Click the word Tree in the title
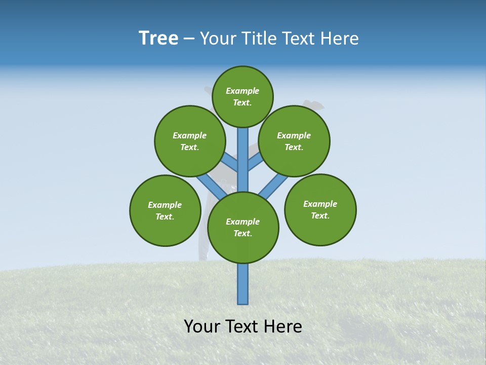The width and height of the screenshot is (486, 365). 158,39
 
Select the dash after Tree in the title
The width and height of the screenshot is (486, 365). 189,39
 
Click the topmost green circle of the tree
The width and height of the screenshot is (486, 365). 242,96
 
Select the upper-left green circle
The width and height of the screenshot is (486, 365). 190,141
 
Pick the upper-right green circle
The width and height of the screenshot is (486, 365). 294,141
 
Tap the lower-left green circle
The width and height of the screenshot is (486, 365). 165,210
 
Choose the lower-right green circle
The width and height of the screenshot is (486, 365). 320,209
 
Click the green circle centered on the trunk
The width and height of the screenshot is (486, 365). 243,227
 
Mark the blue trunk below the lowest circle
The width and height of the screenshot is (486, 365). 243,284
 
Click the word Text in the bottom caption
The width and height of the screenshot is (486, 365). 242,326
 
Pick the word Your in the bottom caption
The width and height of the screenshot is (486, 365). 202,326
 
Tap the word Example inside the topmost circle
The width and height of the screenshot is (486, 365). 242,91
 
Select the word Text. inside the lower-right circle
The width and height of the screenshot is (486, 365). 320,215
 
